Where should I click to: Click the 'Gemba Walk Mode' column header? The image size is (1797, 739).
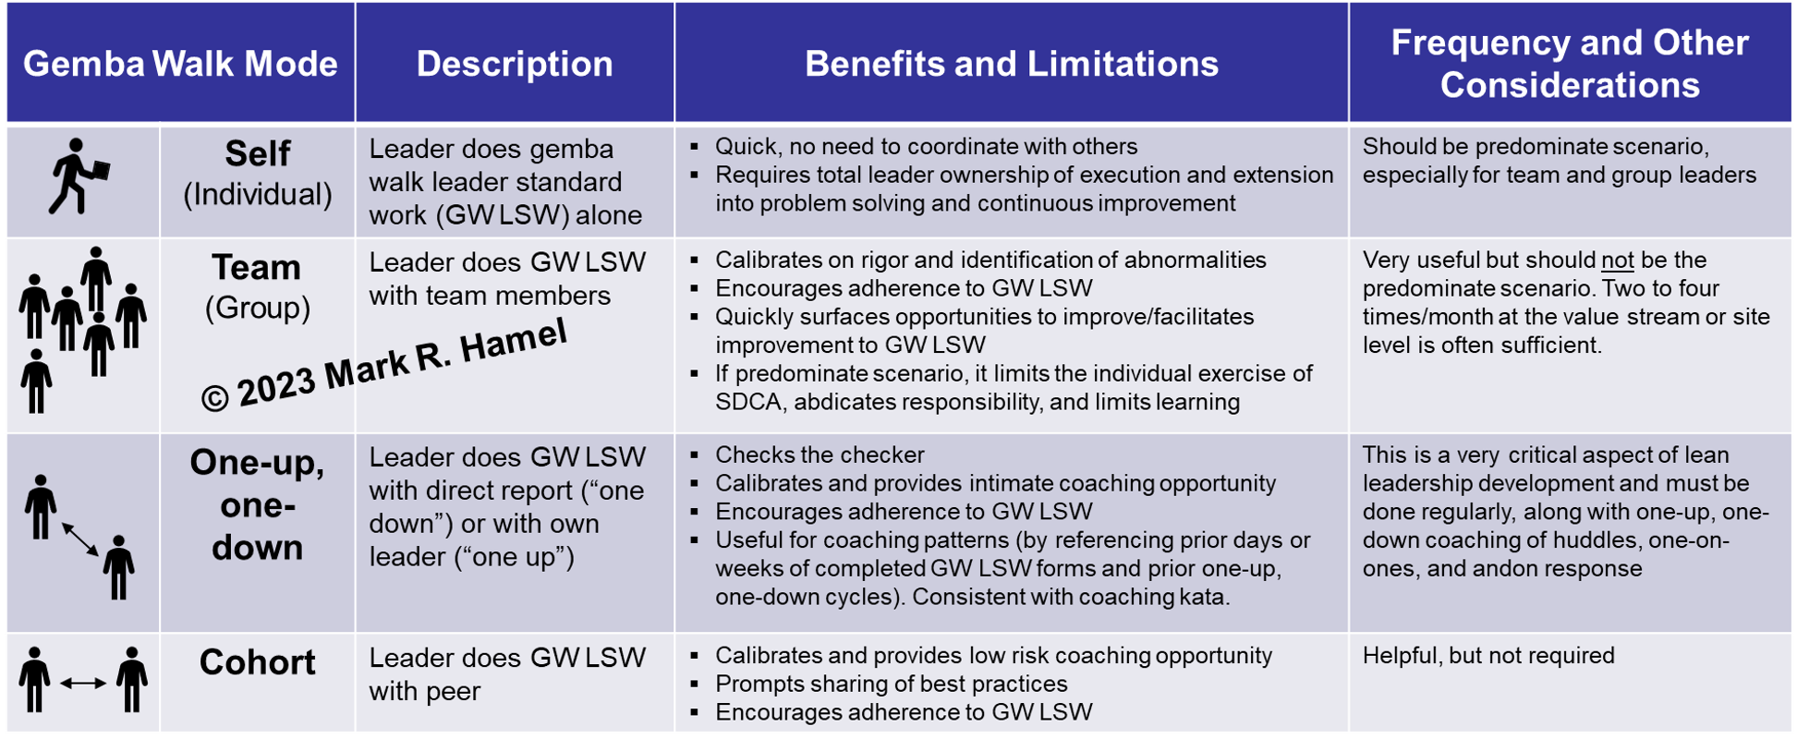click(x=180, y=64)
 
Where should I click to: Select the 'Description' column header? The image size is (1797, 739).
click(x=515, y=64)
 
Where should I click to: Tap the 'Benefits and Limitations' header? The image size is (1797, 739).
click(x=1012, y=64)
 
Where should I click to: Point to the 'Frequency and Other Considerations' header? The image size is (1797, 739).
click(x=1570, y=64)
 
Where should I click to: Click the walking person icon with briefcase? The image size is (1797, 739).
click(x=79, y=176)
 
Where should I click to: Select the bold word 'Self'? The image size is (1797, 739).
click(x=258, y=153)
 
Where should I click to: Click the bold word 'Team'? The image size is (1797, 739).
click(x=257, y=267)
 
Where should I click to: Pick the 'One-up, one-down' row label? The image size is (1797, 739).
click(x=258, y=504)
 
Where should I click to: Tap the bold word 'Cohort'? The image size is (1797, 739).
click(x=258, y=662)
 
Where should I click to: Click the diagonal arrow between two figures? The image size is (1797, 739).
click(x=80, y=539)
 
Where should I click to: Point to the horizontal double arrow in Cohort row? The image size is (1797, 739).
click(x=83, y=684)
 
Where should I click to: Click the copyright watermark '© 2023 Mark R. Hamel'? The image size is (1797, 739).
click(x=383, y=365)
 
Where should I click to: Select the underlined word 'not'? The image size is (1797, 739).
click(x=1618, y=260)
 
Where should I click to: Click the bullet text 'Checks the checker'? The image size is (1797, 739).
click(x=820, y=455)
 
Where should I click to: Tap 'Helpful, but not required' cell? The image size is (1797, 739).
click(x=1488, y=656)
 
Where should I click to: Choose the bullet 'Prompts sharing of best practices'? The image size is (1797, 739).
click(x=892, y=684)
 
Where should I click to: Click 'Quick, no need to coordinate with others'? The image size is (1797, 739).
click(x=927, y=147)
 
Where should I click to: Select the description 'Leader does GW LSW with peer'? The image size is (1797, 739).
click(x=507, y=674)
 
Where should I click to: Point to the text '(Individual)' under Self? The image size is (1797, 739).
click(x=258, y=195)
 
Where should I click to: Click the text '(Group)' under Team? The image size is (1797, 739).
click(x=258, y=308)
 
